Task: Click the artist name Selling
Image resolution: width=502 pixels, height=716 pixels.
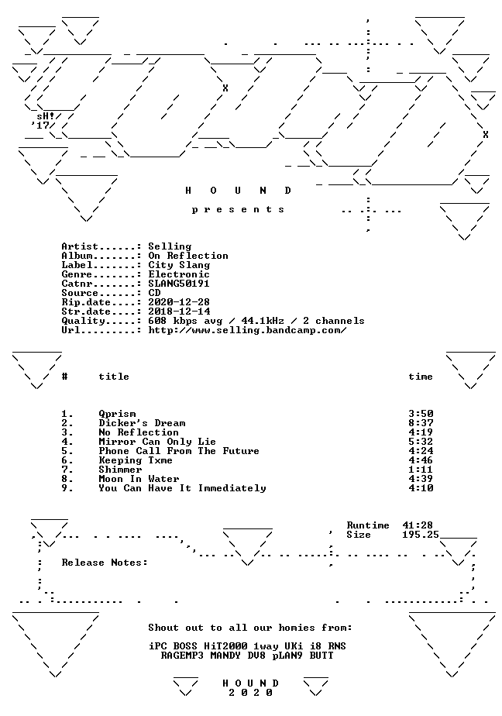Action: [170, 247]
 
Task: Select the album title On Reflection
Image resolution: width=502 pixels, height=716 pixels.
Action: [188, 256]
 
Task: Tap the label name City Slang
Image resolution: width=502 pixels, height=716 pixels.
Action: [179, 265]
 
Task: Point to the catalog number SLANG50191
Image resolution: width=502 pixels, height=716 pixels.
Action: [179, 284]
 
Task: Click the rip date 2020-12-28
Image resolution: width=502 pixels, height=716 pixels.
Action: [179, 302]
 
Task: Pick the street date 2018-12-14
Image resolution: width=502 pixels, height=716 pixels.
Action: [179, 312]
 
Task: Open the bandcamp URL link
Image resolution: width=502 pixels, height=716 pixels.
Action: [247, 330]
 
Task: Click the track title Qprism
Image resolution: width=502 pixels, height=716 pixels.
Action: [117, 414]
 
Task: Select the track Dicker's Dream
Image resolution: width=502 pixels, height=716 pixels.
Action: [142, 423]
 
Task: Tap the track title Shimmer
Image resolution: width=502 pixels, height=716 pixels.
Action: [121, 470]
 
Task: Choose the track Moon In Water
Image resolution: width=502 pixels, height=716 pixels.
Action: [139, 479]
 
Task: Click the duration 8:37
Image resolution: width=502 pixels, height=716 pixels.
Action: [421, 423]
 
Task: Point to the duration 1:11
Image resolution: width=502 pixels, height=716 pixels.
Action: [421, 470]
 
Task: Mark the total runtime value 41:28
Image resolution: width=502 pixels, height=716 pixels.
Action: [418, 525]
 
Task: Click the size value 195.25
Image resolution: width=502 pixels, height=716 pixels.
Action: [421, 535]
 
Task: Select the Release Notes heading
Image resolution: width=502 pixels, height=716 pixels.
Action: [105, 563]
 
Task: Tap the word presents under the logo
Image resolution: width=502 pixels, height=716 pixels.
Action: [238, 210]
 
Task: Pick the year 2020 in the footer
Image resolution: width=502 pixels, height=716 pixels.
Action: [250, 693]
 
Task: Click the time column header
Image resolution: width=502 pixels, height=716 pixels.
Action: [421, 377]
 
